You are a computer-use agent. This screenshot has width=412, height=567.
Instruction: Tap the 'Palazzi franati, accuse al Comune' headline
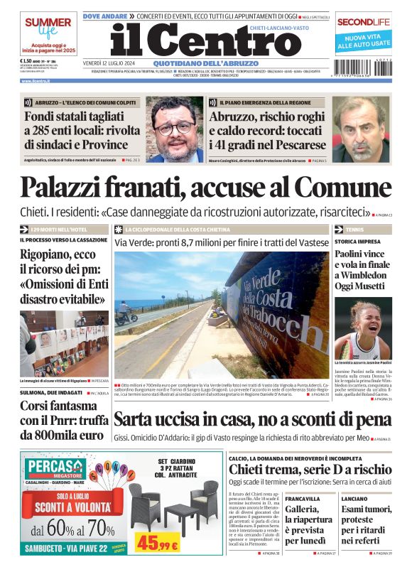coord(205,186)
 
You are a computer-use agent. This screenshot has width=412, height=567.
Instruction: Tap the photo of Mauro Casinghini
coord(361,129)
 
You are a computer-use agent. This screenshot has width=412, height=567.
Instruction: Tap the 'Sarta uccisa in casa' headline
coord(252,419)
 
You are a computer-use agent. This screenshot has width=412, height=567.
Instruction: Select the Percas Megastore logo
coord(57,468)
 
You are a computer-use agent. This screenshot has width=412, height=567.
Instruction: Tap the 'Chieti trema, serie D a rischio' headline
coord(310,470)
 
